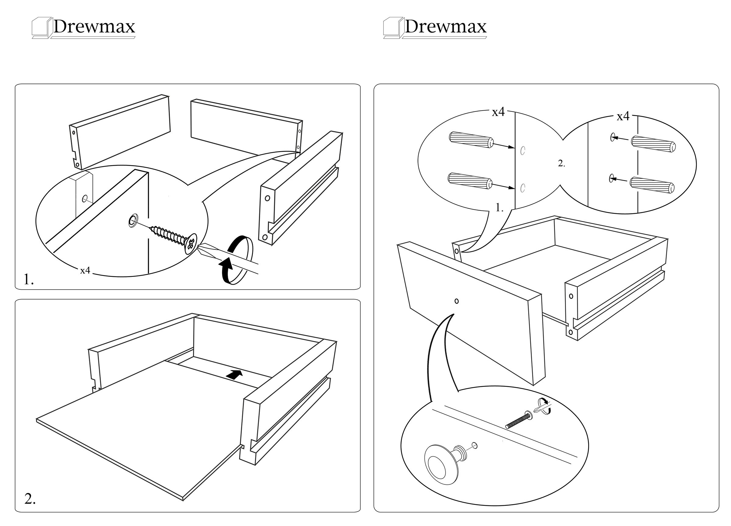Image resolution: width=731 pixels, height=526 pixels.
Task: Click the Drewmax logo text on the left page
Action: pos(94,26)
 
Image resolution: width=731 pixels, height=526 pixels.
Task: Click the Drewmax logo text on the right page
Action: pos(445,26)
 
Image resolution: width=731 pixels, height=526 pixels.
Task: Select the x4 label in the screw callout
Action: pos(85,271)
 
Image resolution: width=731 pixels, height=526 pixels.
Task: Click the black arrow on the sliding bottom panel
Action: pos(234,374)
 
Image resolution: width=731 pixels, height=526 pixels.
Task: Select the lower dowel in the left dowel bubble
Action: pos(470,181)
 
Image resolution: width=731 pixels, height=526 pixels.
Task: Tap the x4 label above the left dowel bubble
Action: pos(498,112)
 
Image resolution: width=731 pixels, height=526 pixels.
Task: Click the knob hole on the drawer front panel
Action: pos(456,301)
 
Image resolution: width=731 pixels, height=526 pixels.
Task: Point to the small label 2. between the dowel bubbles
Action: pos(561,164)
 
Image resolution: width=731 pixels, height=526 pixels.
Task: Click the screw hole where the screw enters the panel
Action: pos(132,220)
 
